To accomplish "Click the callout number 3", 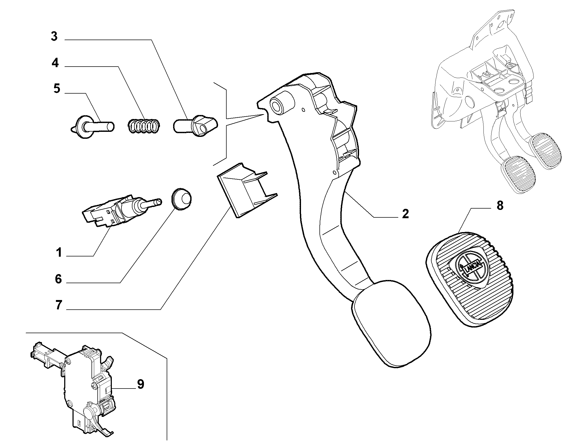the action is click(54, 37).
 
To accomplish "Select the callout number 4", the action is click(55, 63).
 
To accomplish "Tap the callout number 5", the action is click(57, 89).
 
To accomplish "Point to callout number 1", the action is click(59, 252).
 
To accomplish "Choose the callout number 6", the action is click(58, 279).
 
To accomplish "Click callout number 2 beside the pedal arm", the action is click(406, 214).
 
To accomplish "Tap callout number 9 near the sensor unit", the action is click(140, 384).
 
